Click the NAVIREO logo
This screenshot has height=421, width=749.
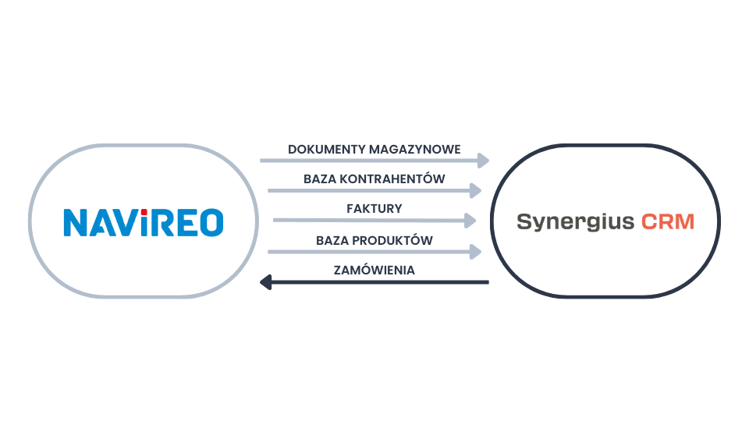[x=143, y=221]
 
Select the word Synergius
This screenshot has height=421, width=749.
[x=575, y=222]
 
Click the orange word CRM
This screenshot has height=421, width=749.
[x=667, y=221]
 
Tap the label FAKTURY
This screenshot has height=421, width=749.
[x=374, y=209]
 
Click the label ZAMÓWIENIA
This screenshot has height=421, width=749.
[x=374, y=270]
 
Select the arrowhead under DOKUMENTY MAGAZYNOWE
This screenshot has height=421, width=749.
[x=485, y=161]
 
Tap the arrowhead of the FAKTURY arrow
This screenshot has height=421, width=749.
[x=470, y=221]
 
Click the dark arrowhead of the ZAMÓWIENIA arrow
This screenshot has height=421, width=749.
[x=264, y=281]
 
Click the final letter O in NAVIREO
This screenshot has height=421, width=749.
[x=211, y=222]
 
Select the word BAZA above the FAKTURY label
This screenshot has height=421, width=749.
[x=319, y=179]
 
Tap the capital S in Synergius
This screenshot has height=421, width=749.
[x=524, y=221]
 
